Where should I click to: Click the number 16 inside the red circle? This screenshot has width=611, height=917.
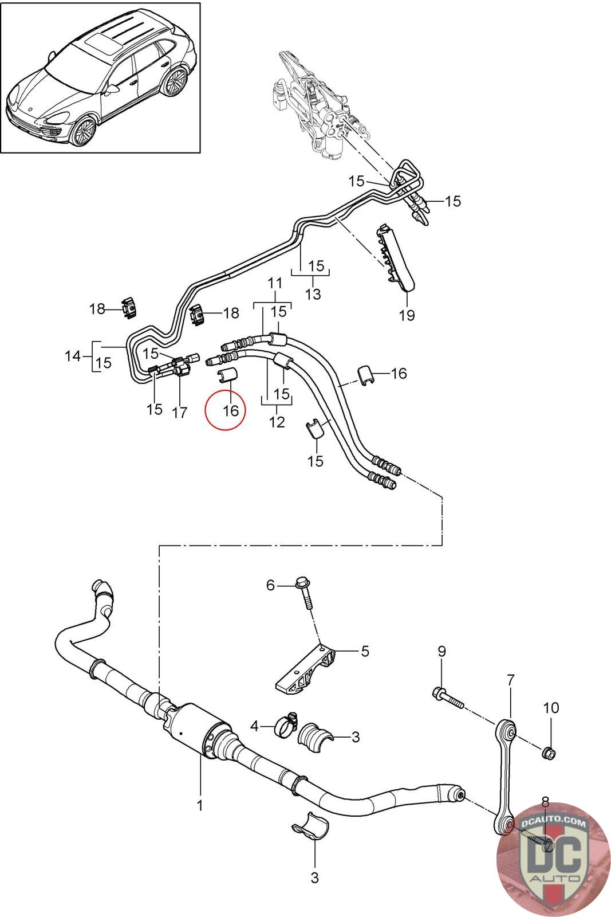coord(231,410)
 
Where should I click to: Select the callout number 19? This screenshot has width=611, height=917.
coord(407,315)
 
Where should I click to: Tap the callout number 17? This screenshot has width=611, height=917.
coord(180,413)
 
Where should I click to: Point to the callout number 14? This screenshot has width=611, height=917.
coord(73,356)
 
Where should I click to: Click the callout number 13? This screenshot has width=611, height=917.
coord(313,294)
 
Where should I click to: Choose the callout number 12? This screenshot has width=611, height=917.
coord(277,422)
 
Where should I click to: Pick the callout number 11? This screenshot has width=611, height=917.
coord(275,283)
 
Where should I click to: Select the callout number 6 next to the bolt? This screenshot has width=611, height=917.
coord(270,585)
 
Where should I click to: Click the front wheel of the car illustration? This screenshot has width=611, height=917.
coord(84,131)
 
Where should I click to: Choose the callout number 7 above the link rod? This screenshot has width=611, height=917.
coord(510,680)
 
